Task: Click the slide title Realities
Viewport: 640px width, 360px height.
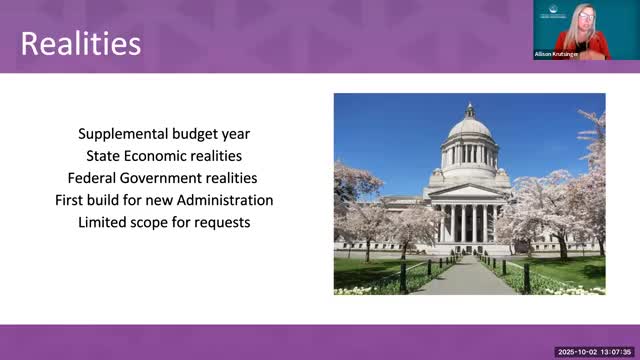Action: (81, 43)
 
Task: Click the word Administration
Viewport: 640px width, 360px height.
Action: (225, 200)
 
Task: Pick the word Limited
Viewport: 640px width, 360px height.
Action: (102, 222)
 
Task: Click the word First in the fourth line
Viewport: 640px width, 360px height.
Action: (68, 200)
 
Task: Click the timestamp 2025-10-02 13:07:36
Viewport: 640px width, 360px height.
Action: (594, 352)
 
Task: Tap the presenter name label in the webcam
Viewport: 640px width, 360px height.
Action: (556, 54)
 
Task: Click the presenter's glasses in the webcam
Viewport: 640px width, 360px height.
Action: (586, 16)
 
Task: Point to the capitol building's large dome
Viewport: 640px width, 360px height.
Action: (470, 128)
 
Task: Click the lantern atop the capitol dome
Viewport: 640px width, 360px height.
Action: (470, 110)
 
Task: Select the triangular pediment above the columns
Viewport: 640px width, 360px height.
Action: (468, 191)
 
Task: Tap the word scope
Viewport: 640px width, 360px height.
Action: (149, 223)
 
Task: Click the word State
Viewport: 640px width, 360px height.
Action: (103, 156)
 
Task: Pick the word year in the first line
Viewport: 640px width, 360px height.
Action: (236, 135)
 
